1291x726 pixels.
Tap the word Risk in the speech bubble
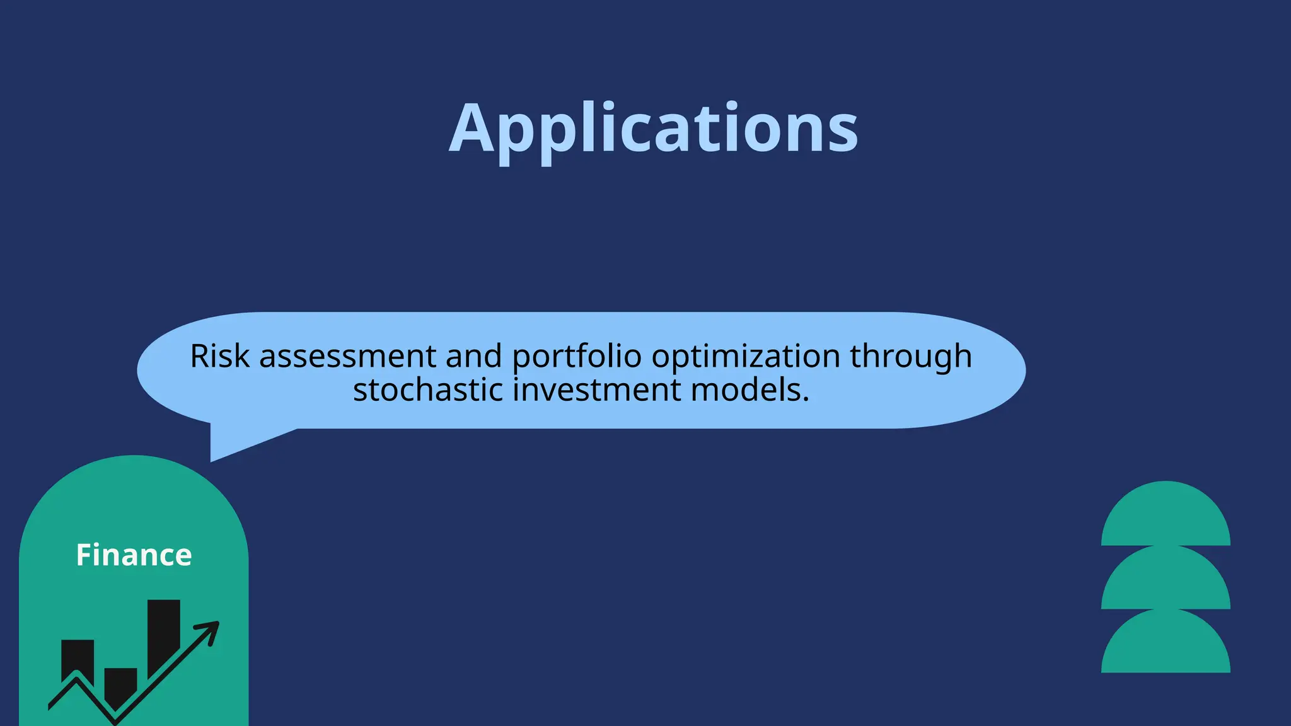click(220, 357)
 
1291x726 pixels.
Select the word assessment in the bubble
click(347, 357)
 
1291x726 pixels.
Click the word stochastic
click(428, 390)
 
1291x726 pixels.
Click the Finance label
click(134, 555)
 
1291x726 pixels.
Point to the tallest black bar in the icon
click(163, 633)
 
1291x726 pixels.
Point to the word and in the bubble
click(473, 357)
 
